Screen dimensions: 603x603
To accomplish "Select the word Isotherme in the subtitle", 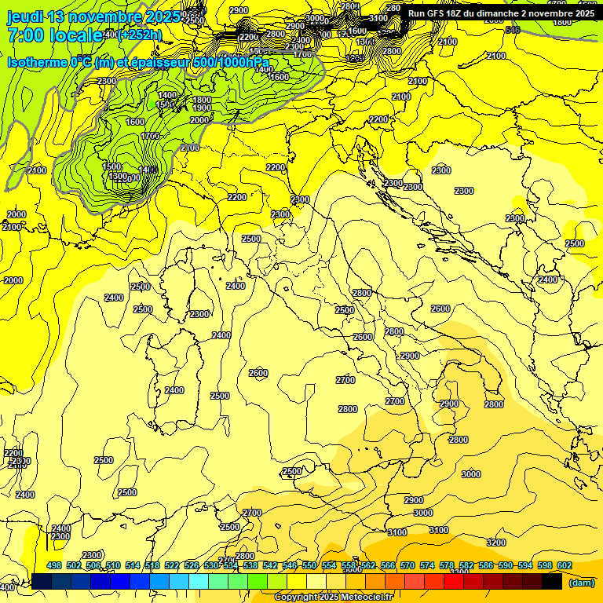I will (35, 62).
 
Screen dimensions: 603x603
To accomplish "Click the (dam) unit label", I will (581, 583).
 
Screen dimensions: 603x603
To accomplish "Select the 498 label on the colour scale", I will (54, 565).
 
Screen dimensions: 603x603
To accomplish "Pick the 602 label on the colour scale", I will (565, 565).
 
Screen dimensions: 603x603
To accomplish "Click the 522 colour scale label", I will (172, 565).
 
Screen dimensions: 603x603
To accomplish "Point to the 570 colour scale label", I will (407, 565).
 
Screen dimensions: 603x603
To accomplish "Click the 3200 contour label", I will (495, 543).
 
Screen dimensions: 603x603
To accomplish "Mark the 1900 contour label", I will (202, 108).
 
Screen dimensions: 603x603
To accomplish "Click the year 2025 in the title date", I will (166, 16).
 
